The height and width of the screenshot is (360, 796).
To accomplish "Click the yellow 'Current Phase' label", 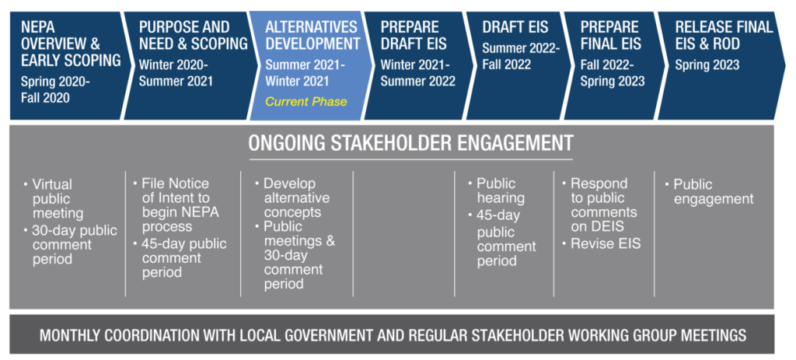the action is (306, 102).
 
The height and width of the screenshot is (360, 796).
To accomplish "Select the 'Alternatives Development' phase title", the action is (312, 35).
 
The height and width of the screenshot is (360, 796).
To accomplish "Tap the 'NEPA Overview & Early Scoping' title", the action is (71, 44).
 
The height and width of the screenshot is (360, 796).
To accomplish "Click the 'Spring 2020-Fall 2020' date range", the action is (55, 90).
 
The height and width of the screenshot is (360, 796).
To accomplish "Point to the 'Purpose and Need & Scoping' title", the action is (193, 35).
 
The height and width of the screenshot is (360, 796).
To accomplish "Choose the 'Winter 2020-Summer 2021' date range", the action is (176, 73).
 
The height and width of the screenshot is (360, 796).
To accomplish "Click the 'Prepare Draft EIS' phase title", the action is (414, 35).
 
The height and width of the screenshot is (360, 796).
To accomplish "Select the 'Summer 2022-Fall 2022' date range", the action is (520, 56).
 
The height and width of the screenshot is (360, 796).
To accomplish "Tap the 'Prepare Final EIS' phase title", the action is (611, 35).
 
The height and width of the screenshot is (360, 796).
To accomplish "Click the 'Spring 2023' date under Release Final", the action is (707, 65).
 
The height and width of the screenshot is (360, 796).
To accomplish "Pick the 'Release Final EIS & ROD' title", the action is (724, 35).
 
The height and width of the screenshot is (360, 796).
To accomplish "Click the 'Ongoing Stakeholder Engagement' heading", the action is (410, 143).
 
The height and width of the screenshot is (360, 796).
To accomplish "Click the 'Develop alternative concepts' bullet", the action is (292, 197).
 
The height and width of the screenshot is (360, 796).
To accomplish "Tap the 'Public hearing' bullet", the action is (496, 190).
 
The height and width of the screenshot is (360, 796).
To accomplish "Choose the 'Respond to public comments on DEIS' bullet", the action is (599, 204).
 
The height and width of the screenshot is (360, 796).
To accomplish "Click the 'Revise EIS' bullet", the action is (601, 243).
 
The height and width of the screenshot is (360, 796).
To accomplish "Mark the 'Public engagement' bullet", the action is (709, 191).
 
